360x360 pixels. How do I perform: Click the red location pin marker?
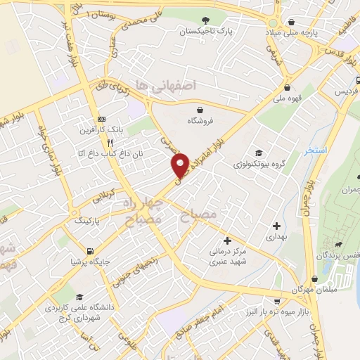pos(181,165)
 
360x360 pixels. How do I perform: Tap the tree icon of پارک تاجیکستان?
pos(205,20)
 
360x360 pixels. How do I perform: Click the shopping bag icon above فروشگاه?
pos(201,110)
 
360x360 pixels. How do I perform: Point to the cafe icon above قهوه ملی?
pos(288,87)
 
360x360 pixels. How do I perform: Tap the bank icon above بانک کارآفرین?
pos(101,119)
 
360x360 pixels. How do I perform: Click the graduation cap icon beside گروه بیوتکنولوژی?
pos(259,153)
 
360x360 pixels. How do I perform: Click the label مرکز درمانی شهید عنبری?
pos(226,255)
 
